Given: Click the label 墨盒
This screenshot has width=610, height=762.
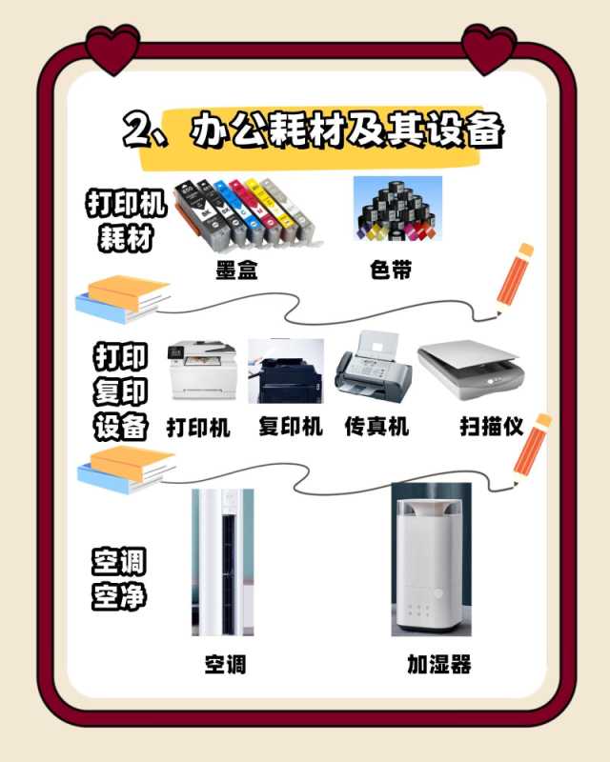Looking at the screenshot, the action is pos(237,270).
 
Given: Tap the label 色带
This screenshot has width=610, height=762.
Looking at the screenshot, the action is pos(391,270).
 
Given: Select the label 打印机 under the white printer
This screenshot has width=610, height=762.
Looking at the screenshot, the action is pos(198,428).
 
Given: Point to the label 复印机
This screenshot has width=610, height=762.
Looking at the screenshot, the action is pos(291,427).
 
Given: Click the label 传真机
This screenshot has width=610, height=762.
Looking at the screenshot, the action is pos(376,426).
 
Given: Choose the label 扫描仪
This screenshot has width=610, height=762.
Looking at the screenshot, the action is pos(492,427).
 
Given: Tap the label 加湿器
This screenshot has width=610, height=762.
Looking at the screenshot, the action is pos(439,664).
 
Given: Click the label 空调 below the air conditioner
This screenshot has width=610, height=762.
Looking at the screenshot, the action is pos(225,664).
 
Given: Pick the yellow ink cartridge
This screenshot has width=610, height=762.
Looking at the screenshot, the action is pos(265,210).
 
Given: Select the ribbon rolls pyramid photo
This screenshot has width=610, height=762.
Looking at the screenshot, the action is pos(397,209).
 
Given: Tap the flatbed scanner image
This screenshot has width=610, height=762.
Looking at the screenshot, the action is pos(471,369).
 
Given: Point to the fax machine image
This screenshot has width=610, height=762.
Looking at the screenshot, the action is pos(373,367).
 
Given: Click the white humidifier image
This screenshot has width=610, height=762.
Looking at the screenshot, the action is pos(432,559).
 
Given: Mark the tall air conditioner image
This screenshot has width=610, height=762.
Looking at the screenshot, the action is pos(223,562).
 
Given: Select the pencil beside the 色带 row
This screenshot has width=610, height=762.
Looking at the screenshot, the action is pos(515,280).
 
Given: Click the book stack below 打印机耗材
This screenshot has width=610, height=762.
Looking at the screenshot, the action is pos(124,299).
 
